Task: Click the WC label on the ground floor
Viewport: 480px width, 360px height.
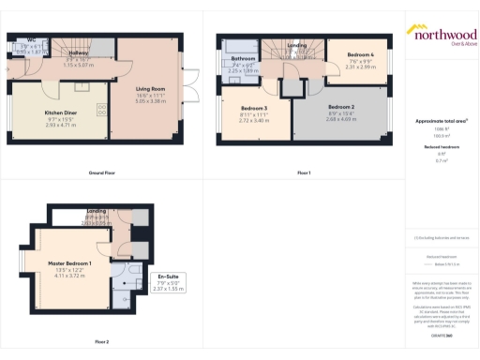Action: pyautogui.click(x=32, y=41)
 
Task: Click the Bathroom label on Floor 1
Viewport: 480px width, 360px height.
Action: pyautogui.click(x=244, y=58)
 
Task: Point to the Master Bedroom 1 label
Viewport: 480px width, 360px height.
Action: pyautogui.click(x=70, y=264)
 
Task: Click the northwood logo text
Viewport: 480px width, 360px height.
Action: pyautogui.click(x=441, y=31)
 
